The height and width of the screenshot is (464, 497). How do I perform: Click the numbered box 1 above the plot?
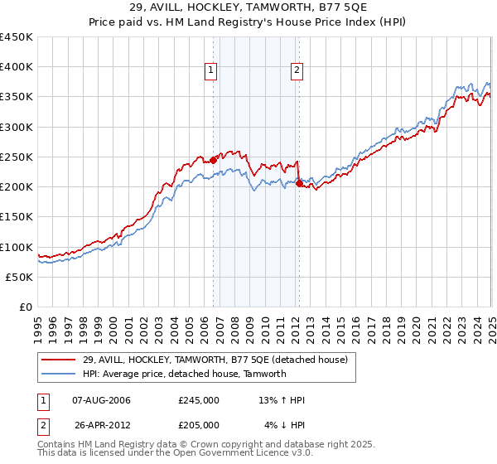tap(211, 71)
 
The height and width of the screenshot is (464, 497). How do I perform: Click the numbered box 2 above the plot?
tap(297, 71)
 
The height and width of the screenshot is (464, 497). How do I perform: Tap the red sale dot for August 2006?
tap(214, 160)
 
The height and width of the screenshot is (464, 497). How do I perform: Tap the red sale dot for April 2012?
tap(299, 184)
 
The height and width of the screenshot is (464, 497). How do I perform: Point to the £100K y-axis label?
tap(17, 247)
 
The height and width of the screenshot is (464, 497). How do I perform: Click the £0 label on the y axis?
tap(26, 307)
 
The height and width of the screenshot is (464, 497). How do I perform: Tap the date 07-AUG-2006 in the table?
tap(102, 400)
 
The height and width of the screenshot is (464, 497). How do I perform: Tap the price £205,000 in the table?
tap(199, 424)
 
